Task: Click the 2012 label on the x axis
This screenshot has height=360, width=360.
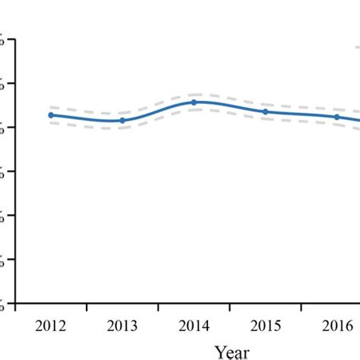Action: point(51,327)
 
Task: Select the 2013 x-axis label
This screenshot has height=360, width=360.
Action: point(122,327)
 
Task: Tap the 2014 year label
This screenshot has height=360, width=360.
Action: point(194,327)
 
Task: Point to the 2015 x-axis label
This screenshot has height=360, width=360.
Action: point(265,327)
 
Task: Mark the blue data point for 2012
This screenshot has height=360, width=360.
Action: point(51,115)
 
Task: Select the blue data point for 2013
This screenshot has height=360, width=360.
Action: point(122,121)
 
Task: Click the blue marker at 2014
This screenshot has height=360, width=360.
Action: point(194,102)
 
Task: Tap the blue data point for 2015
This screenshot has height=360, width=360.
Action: point(265,112)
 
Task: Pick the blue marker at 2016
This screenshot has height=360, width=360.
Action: point(336,117)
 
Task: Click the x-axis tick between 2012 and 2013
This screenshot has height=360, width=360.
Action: point(87,308)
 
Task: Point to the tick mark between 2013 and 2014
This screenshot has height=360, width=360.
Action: point(158,308)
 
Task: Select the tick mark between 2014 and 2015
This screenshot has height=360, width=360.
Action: point(229,308)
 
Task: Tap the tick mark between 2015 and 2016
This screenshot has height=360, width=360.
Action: point(301,308)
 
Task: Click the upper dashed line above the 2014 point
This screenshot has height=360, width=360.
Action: point(194,94)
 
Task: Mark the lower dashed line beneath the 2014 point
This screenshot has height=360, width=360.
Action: point(194,109)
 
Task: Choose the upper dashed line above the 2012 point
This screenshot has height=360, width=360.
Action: point(51,108)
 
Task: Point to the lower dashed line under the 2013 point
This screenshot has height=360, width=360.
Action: point(122,128)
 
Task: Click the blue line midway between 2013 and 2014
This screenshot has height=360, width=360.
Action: point(158,112)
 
